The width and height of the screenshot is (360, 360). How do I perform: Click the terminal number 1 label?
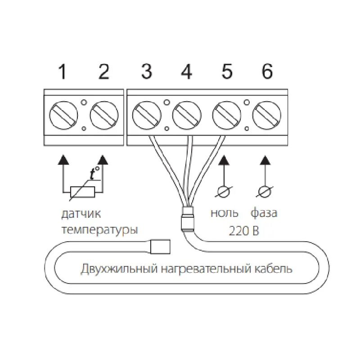[63, 72]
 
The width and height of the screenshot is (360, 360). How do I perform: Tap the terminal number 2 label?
[104, 72]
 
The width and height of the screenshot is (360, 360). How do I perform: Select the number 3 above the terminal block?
[146, 72]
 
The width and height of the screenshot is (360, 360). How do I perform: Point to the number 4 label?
[186, 72]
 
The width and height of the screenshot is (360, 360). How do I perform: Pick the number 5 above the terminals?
[227, 72]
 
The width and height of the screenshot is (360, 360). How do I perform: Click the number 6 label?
[267, 72]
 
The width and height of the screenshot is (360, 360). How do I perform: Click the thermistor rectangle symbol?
[82, 193]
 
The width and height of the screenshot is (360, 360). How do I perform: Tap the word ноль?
[224, 213]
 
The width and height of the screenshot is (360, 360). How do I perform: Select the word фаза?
[264, 213]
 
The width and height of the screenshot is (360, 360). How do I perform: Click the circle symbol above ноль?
[224, 193]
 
